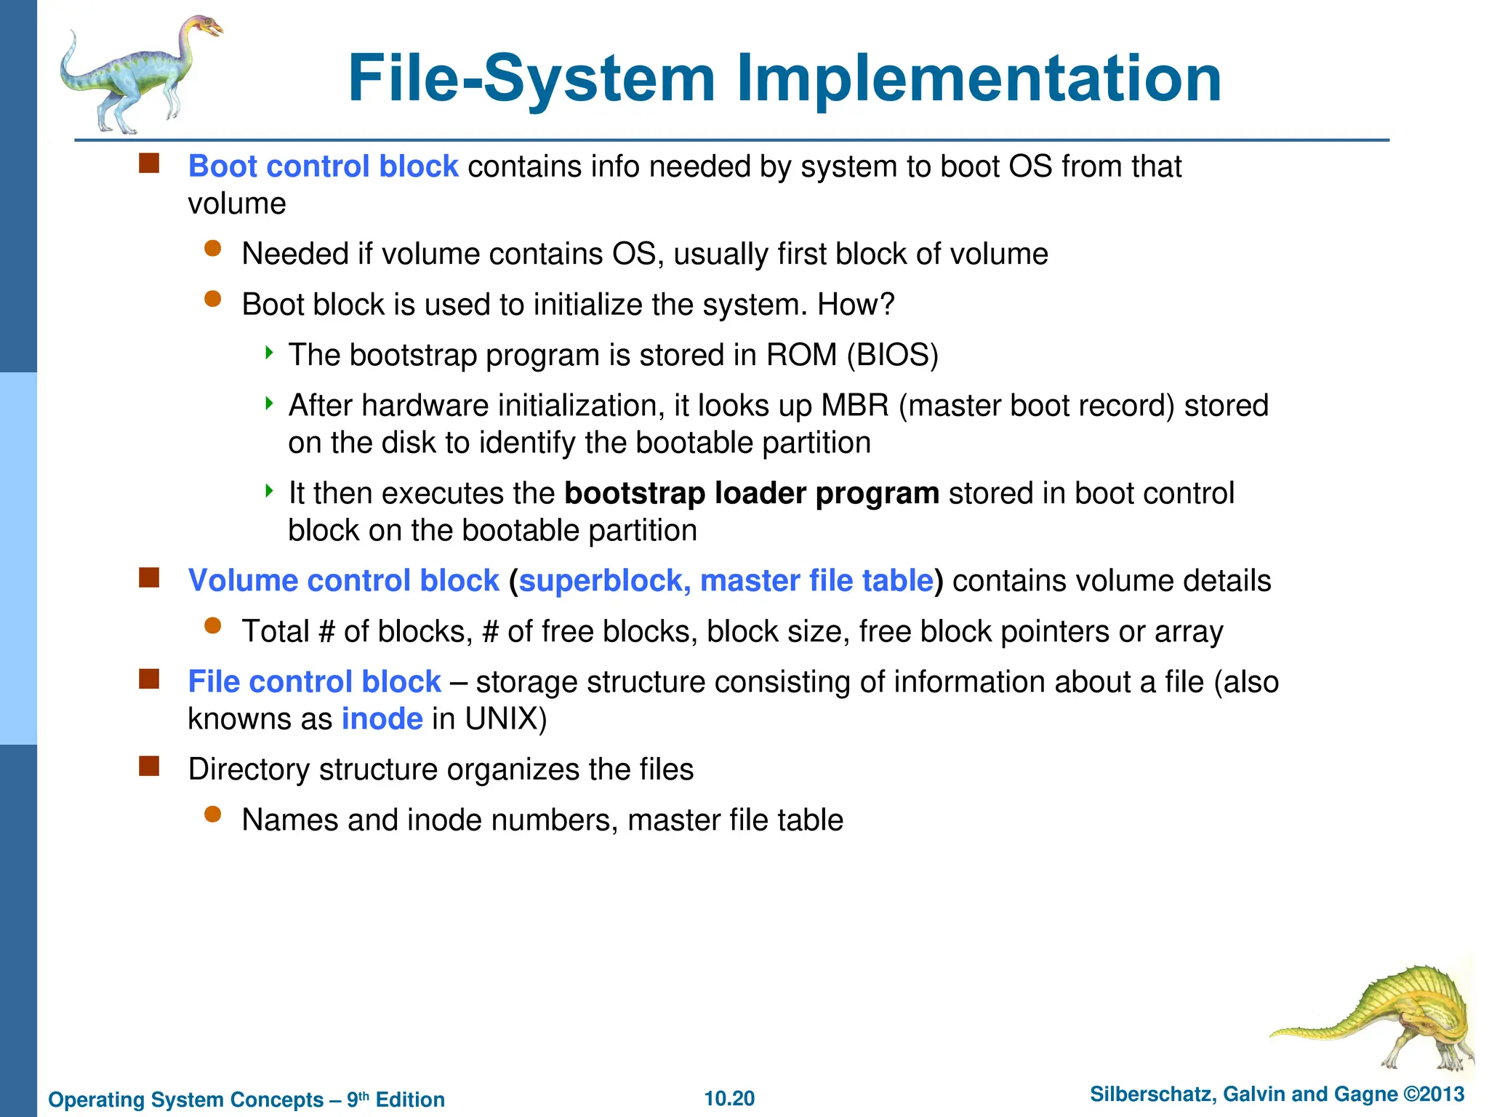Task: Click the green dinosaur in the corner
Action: (1381, 1018)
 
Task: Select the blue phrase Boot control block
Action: (323, 167)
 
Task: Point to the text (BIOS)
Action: (893, 355)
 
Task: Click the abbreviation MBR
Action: (854, 405)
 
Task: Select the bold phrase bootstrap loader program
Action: (752, 493)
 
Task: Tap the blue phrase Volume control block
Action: (343, 580)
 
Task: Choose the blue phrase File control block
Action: (314, 681)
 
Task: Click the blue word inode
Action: (382, 718)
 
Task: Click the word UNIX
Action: (505, 718)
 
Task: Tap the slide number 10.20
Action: (729, 1098)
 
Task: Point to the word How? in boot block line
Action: (855, 304)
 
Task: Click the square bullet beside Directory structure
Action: (149, 766)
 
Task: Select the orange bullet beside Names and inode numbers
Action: (212, 814)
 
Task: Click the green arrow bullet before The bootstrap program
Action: (269, 353)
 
